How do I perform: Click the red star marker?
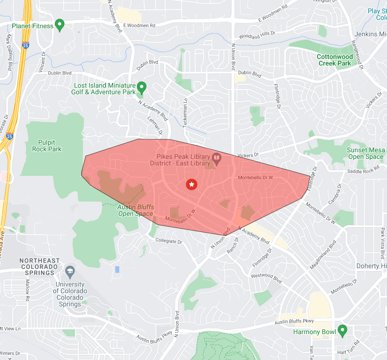tap(191, 184)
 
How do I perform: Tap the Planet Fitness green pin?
tap(59, 25)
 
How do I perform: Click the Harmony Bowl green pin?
tap(343, 330)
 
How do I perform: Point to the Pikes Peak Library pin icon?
tap(217, 157)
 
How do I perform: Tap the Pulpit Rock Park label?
tap(47, 146)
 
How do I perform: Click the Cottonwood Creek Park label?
tap(334, 60)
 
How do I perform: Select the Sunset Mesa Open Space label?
tap(366, 153)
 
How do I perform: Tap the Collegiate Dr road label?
tap(168, 241)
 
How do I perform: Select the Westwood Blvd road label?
tap(267, 278)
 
